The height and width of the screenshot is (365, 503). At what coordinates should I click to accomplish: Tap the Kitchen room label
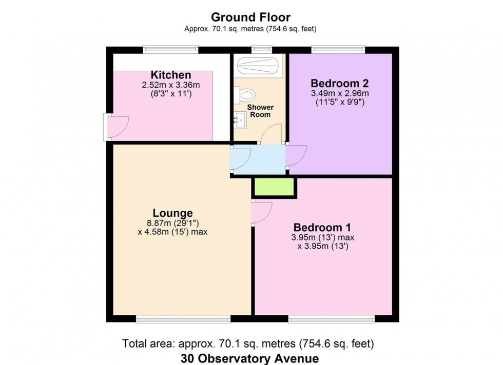click(x=171, y=75)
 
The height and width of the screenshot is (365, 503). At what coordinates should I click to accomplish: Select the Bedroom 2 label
click(x=339, y=83)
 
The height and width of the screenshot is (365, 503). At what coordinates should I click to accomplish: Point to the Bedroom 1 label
click(x=321, y=227)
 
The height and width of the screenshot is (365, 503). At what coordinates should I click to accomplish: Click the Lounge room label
click(x=172, y=213)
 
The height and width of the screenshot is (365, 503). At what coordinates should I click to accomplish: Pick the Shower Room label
click(x=260, y=111)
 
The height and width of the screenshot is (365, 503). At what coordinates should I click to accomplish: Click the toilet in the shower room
click(x=245, y=94)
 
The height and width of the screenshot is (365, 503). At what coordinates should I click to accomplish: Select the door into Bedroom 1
click(x=261, y=212)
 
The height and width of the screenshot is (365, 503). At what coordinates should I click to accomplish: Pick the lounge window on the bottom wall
click(x=168, y=319)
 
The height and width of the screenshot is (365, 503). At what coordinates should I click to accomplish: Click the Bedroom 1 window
click(x=331, y=319)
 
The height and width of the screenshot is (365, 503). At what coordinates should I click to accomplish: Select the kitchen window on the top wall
click(x=170, y=50)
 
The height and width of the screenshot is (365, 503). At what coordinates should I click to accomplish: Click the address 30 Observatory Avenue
click(x=251, y=358)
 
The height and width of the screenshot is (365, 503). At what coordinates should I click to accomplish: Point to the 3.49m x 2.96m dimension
click(x=339, y=93)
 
